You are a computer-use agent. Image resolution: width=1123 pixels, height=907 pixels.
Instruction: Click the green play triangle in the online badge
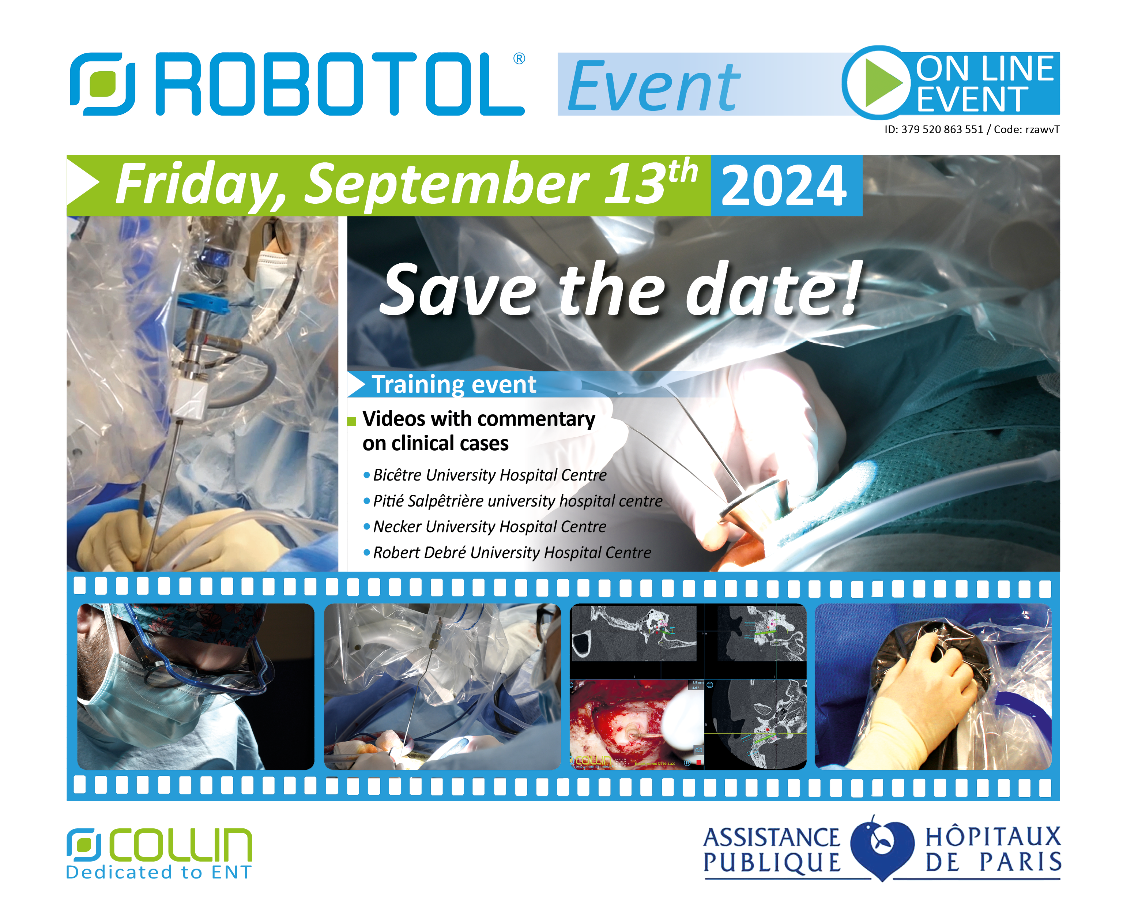(x=882, y=83)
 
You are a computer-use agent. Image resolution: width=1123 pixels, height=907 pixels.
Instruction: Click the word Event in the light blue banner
(x=654, y=86)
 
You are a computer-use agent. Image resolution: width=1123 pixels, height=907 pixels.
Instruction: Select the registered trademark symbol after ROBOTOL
(x=519, y=59)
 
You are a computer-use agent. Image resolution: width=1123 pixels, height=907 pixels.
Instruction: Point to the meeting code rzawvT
(x=1042, y=129)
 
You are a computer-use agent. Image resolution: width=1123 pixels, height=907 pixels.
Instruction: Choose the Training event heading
(x=454, y=384)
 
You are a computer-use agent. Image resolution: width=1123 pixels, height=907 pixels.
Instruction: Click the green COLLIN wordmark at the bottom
(x=180, y=845)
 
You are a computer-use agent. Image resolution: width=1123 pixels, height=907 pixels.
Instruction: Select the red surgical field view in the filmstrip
(x=637, y=724)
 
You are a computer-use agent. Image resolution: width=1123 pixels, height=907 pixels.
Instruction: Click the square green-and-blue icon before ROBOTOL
(x=103, y=84)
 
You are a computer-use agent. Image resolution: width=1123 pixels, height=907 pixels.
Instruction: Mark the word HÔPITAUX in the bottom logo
(x=993, y=837)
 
